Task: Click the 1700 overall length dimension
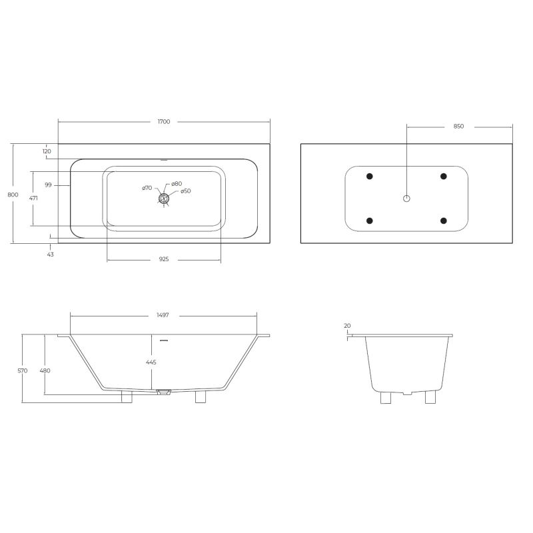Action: tap(164, 122)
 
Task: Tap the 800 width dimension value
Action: tap(12, 194)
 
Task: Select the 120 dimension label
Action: tap(47, 151)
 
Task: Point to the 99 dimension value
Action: tap(49, 185)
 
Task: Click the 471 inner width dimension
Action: tap(33, 199)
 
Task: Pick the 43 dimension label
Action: tap(51, 254)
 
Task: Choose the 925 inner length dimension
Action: tap(164, 259)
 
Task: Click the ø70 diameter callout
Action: tap(147, 189)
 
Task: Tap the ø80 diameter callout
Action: tap(177, 183)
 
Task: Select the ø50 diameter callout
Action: tap(186, 191)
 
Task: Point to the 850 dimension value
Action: tap(458, 126)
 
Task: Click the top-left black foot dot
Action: tap(370, 176)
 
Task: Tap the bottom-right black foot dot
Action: tap(443, 221)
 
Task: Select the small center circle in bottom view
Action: tap(407, 199)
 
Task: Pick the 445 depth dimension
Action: tap(151, 362)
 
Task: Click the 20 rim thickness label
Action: tap(347, 326)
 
